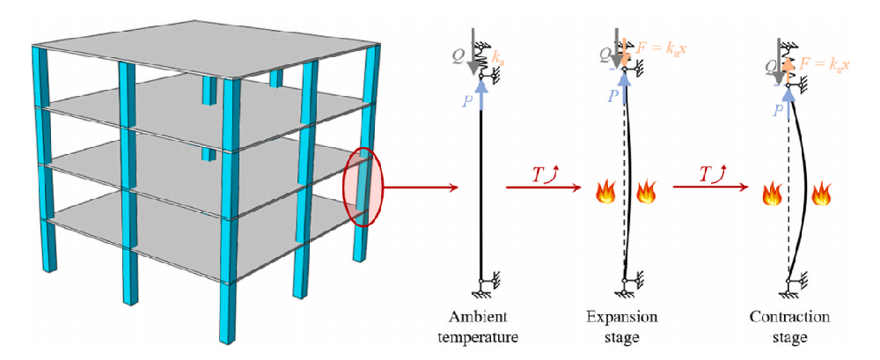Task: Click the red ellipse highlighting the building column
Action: [363, 187]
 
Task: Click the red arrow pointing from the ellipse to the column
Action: [421, 187]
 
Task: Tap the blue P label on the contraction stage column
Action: [777, 110]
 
